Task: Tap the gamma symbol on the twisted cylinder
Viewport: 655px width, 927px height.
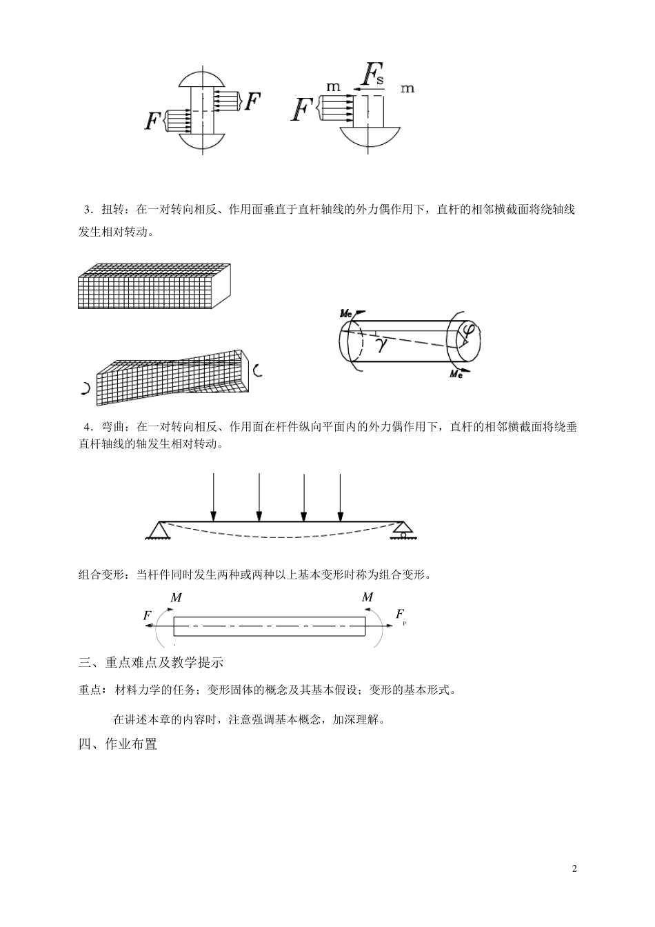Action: [381, 344]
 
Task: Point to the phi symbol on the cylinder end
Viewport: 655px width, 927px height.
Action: [467, 334]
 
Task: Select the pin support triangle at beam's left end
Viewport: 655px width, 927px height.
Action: [160, 530]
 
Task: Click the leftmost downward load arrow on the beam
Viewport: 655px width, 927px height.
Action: [214, 497]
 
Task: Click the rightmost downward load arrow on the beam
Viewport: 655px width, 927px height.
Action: [340, 497]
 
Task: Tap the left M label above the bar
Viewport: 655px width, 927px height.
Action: [176, 597]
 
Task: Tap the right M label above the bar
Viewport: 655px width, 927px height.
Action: [367, 597]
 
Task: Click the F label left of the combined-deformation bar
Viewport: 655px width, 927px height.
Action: [148, 615]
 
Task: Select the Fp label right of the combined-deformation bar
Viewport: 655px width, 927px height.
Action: [401, 615]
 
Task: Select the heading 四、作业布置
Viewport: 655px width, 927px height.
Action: [118, 744]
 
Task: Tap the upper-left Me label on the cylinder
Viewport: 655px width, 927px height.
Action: [347, 314]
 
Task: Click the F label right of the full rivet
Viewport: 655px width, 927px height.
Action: [253, 102]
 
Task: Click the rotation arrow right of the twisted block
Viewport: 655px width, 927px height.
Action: [257, 370]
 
